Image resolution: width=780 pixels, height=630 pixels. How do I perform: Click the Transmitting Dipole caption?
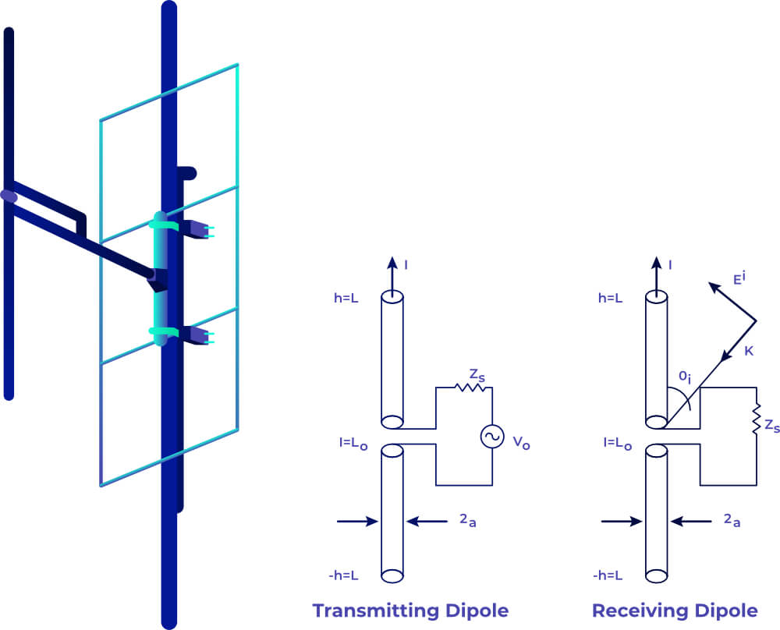pos(410,611)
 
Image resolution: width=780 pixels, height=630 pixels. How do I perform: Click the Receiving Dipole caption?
pos(675,611)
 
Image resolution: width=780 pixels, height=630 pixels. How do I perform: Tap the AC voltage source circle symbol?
pos(492,437)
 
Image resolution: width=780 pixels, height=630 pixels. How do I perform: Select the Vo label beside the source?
pos(521,442)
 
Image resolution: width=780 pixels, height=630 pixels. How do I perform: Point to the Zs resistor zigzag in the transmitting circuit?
pos(470,387)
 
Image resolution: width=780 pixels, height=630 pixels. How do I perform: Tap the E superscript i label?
pos(739,278)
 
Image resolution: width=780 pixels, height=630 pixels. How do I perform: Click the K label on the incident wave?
pos(749,351)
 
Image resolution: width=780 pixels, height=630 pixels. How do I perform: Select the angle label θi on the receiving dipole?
pos(685,377)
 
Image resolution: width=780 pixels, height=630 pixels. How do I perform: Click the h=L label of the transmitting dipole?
pos(346,299)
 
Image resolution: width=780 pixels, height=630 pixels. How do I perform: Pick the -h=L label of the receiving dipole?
pos(608,575)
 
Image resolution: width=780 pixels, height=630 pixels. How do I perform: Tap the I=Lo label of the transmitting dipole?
pos(353,443)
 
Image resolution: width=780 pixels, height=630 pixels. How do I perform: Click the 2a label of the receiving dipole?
pos(732,520)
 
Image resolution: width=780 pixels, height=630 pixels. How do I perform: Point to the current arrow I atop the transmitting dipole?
pos(392,277)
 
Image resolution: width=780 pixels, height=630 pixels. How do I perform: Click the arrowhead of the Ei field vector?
pos(714,287)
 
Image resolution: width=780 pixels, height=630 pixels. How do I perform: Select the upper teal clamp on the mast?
pos(164,225)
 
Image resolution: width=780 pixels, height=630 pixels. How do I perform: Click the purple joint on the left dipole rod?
pos(9,196)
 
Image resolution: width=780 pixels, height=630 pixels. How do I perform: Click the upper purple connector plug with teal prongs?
pos(197,230)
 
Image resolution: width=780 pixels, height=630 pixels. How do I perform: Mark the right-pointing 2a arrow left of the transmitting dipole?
pos(357,521)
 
